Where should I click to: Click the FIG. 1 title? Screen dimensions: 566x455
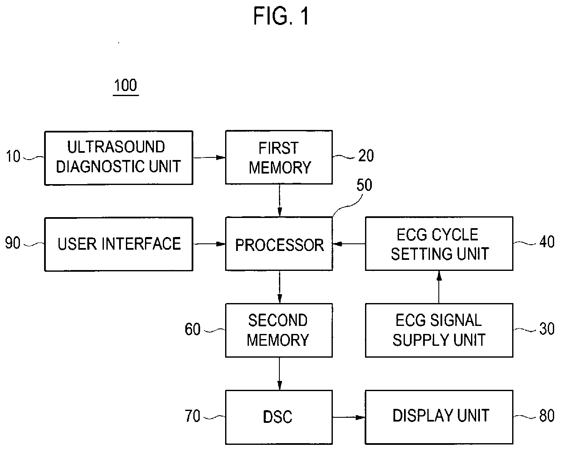(281, 16)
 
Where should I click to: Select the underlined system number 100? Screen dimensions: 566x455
(126, 86)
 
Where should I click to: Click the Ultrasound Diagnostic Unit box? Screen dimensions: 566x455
(119, 158)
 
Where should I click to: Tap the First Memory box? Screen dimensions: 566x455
(279, 157)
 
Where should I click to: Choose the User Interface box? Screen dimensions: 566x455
(119, 244)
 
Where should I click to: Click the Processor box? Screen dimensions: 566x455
(279, 244)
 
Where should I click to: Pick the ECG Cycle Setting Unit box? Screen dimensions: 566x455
(439, 243)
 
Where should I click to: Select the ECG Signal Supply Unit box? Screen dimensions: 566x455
(439, 330)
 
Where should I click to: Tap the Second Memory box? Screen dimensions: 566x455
(279, 330)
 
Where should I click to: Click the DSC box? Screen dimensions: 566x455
(279, 417)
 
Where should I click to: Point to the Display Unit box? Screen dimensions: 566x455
(439, 417)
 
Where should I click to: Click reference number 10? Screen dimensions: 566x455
(13, 156)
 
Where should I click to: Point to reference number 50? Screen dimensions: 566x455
(364, 185)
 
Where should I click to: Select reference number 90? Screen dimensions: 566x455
(13, 243)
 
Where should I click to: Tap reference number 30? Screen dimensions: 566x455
(547, 328)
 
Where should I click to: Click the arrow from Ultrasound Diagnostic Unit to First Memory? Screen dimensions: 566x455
(209, 157)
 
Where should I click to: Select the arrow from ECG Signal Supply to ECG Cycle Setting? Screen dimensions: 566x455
(439, 287)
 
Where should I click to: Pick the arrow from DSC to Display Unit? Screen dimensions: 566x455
(349, 417)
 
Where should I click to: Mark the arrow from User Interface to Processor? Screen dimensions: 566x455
(209, 244)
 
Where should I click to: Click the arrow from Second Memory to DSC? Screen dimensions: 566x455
(279, 374)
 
